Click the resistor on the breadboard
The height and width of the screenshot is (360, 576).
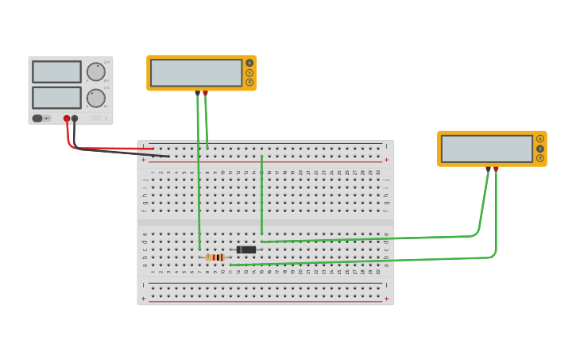[x=215, y=257]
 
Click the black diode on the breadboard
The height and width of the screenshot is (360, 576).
[x=246, y=250]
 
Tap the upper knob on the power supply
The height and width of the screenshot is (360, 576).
[x=96, y=72]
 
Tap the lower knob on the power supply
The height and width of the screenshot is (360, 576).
[x=96, y=99]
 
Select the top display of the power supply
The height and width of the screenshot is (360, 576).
[x=56, y=72]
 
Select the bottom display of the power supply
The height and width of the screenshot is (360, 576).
[x=56, y=98]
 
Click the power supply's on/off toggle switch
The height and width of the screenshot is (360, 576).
[x=37, y=118]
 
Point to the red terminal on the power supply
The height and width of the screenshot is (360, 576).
[x=67, y=118]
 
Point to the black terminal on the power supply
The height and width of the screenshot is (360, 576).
[x=75, y=118]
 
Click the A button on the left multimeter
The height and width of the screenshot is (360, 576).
[x=249, y=63]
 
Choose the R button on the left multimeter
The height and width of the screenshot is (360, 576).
[x=249, y=82]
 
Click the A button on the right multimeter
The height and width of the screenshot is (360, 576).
[x=540, y=139]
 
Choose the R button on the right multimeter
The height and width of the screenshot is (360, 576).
[x=540, y=158]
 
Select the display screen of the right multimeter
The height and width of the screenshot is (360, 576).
[x=486, y=149]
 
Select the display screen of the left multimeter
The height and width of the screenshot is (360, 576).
[x=196, y=73]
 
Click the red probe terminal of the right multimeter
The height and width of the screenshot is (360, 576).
[x=497, y=168]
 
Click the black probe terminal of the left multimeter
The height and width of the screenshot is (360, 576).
[x=197, y=93]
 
